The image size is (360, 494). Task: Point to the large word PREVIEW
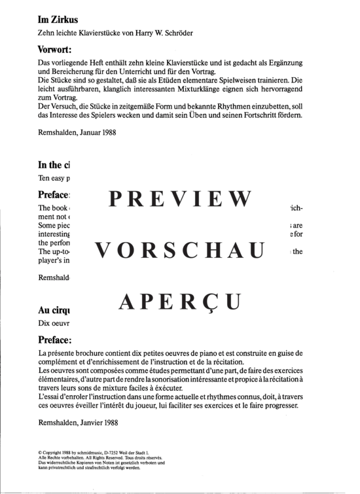[x=179, y=198]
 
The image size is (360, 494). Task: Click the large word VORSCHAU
[x=179, y=250]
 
